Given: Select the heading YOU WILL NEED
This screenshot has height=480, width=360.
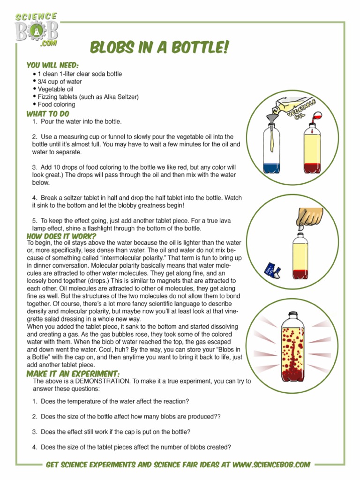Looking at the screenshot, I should (x=52, y=65).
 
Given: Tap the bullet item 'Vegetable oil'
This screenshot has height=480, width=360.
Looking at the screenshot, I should (x=55, y=89).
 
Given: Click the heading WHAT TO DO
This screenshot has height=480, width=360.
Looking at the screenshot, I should (x=48, y=113).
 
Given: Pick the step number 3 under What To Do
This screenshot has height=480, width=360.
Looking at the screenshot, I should (x=35, y=167).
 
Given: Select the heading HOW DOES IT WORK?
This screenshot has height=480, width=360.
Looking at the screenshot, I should (x=61, y=236).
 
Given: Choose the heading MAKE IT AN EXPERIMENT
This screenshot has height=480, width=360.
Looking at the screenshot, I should (x=73, y=374).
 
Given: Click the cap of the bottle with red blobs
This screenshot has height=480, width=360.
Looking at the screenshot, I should (x=292, y=315).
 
